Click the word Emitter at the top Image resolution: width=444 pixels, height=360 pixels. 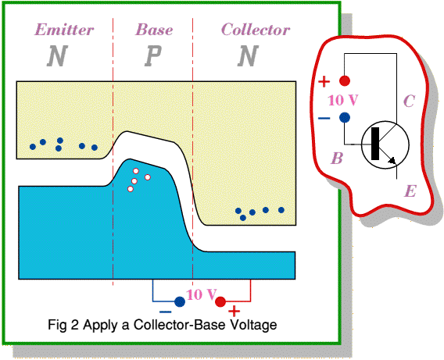click(x=64, y=30)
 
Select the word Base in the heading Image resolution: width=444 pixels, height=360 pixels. click(x=154, y=30)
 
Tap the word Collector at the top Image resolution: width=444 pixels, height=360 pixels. click(x=256, y=30)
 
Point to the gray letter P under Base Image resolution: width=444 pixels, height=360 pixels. click(x=153, y=55)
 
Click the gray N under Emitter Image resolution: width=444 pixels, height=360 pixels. click(x=57, y=55)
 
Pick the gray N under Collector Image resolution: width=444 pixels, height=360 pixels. click(x=248, y=55)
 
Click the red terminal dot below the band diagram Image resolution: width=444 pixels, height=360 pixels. click(x=220, y=301)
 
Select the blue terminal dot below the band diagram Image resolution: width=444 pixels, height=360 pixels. click(x=180, y=301)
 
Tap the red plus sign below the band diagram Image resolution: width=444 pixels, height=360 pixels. click(x=234, y=312)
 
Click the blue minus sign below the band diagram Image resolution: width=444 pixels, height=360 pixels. click(x=166, y=312)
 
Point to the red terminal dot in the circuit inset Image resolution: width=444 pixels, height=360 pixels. click(x=345, y=81)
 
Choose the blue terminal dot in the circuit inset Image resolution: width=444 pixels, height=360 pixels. click(x=345, y=117)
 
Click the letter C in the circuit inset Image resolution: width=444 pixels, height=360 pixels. click(x=409, y=101)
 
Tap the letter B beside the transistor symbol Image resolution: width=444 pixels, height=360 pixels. click(x=337, y=159)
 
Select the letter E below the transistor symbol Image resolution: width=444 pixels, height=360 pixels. click(x=410, y=191)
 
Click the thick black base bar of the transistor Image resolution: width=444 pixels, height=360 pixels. click(x=375, y=144)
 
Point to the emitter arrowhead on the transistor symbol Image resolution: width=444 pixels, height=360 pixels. click(x=392, y=161)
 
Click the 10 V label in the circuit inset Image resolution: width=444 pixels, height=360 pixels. click(x=343, y=101)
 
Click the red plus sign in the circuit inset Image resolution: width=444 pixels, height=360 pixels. click(x=324, y=82)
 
